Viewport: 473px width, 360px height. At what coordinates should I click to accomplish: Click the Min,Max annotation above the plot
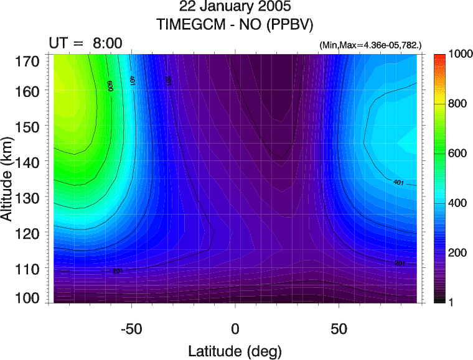370,46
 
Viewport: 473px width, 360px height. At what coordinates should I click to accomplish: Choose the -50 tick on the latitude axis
131,328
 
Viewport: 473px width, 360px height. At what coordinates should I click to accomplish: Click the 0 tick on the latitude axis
235,328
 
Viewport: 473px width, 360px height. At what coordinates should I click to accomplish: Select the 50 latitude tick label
339,328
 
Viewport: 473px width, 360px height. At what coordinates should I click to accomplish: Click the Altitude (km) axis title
9,180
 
